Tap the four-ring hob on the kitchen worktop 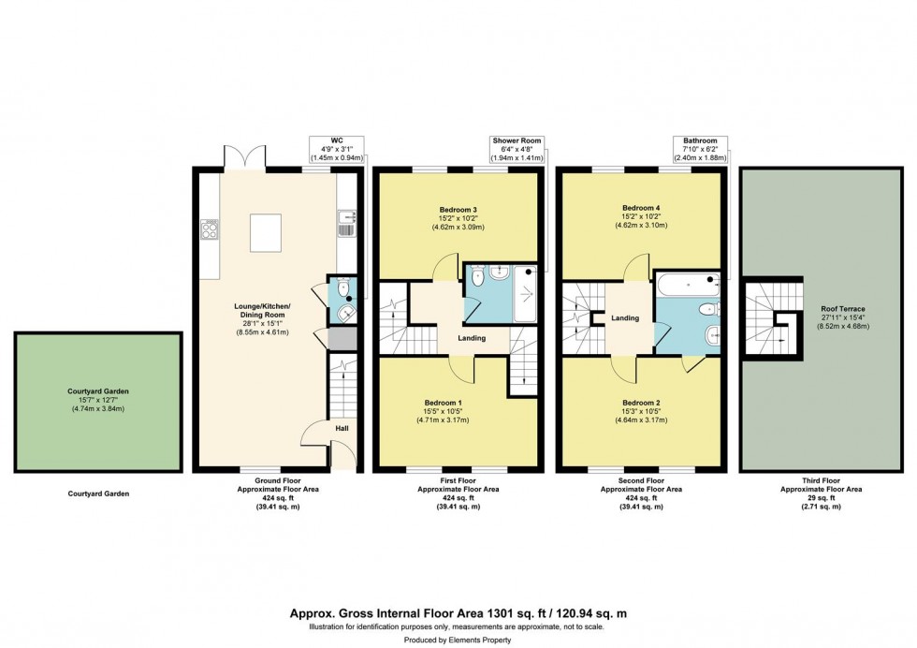pyautogui.click(x=209, y=229)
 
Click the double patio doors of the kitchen pyautogui.click(x=245, y=159)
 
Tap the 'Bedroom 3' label pyautogui.click(x=458, y=209)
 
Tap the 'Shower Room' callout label pyautogui.click(x=517, y=140)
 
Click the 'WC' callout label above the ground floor pyautogui.click(x=336, y=140)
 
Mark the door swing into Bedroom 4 pyautogui.click(x=637, y=266)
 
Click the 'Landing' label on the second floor pyautogui.click(x=624, y=318)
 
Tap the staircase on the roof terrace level pyautogui.click(x=773, y=317)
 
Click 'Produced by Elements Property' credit pyautogui.click(x=458, y=640)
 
